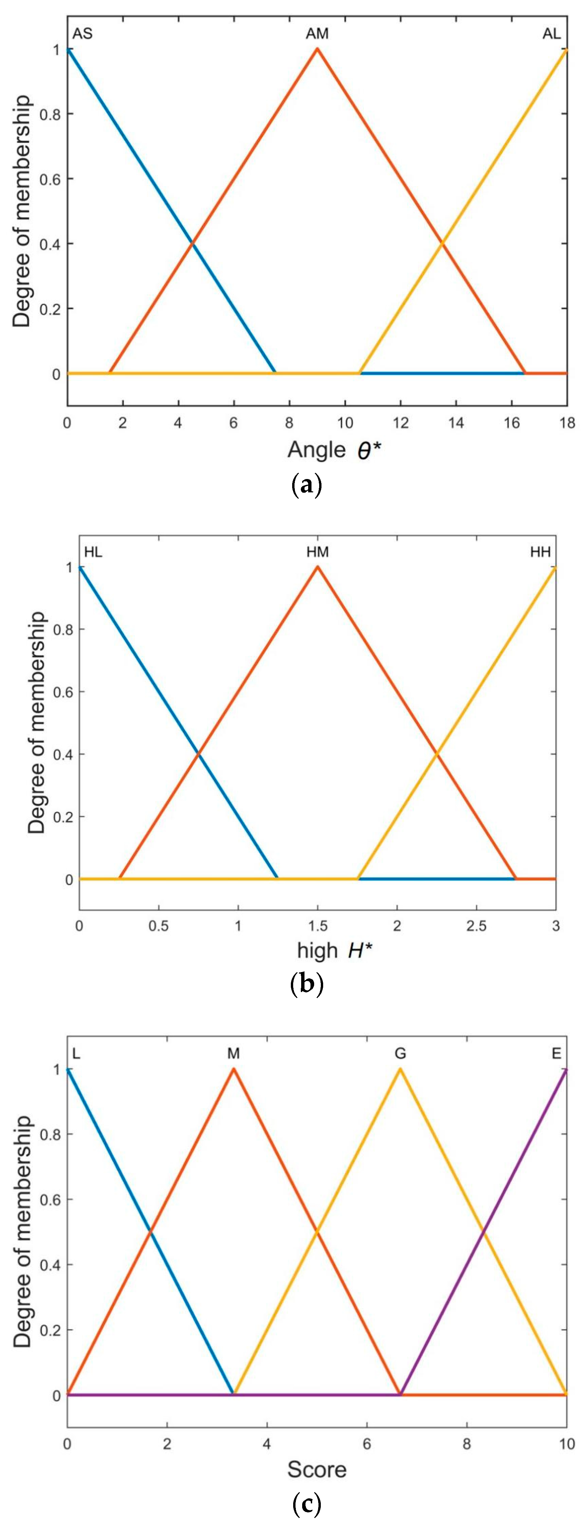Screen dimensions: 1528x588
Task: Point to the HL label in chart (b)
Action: (93, 552)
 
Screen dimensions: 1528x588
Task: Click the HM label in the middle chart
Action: (317, 552)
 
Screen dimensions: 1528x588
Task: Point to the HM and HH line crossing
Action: (437, 754)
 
